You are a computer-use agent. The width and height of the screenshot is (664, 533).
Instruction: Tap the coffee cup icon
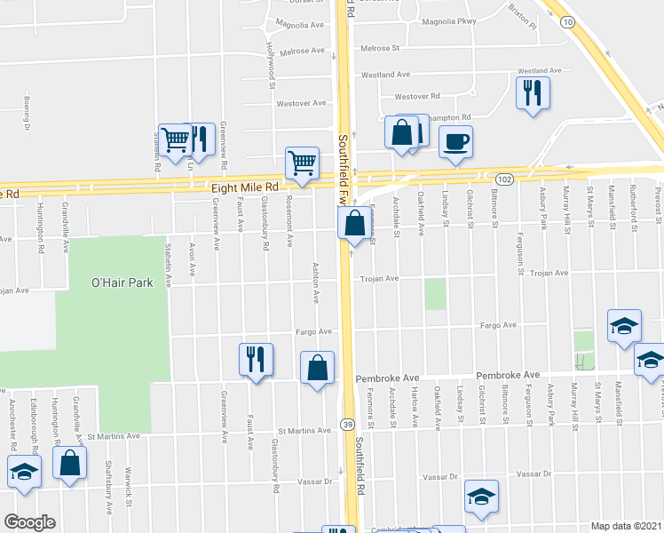pyautogui.click(x=455, y=141)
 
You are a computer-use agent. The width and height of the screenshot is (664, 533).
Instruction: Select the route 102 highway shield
pyautogui.click(x=503, y=179)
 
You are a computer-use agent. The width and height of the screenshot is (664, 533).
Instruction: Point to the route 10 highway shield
pyautogui.click(x=566, y=20)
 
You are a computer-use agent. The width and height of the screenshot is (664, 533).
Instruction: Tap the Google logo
pyautogui.click(x=29, y=521)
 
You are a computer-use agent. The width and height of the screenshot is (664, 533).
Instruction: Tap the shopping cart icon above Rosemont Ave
pyautogui.click(x=302, y=163)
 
